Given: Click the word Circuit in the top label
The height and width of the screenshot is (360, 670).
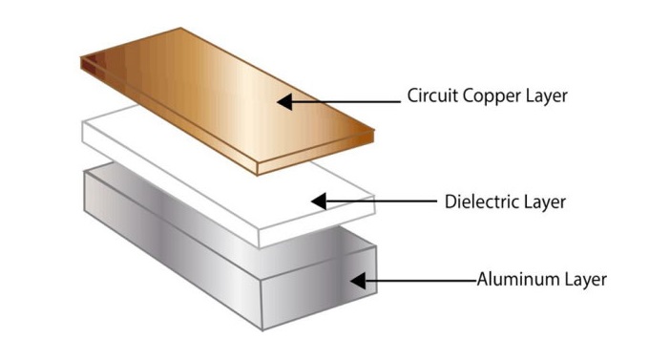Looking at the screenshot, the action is [x=432, y=95].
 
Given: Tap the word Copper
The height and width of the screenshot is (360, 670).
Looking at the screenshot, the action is [x=492, y=96].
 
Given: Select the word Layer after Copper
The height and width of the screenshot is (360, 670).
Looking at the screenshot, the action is [x=547, y=96].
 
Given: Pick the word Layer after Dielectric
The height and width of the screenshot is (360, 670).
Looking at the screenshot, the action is [x=545, y=202].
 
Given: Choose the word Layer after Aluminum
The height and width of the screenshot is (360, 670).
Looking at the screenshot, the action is [x=585, y=280].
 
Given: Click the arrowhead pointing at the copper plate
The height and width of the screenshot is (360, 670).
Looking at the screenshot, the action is [x=284, y=102].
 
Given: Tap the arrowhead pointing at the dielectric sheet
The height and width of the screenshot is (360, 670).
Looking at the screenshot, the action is [x=319, y=201].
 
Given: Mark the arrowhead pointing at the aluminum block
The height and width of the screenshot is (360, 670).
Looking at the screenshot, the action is [x=358, y=281].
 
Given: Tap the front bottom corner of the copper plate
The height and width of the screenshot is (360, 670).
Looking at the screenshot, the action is [x=258, y=175].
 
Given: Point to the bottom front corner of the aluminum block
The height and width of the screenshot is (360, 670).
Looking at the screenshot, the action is [x=262, y=330].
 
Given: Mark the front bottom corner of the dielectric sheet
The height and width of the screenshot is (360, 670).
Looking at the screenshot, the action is [x=259, y=247].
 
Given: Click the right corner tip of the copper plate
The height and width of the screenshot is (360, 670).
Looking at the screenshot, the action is [x=374, y=130].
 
